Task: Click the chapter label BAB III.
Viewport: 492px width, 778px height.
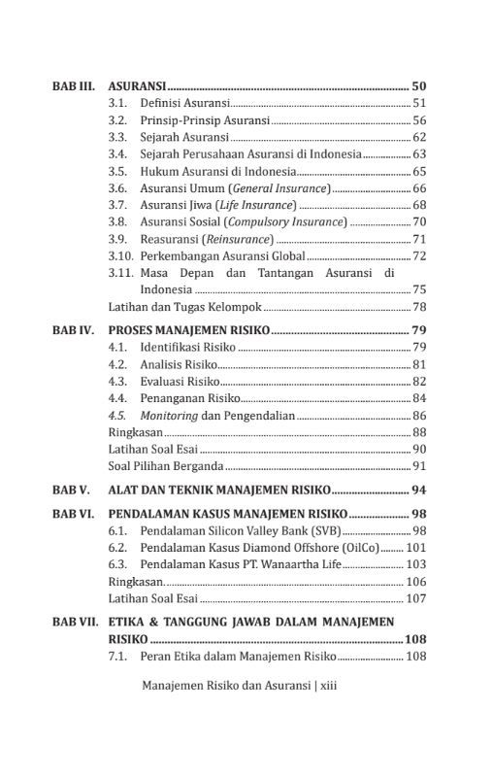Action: click(x=73, y=86)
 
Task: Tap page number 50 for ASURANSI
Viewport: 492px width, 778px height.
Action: click(x=419, y=86)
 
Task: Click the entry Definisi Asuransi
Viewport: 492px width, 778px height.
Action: click(x=184, y=103)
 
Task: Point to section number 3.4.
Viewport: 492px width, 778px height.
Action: click(x=117, y=153)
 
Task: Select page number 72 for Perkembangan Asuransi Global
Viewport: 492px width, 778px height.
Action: click(x=419, y=256)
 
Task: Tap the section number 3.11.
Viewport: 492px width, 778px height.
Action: click(x=120, y=273)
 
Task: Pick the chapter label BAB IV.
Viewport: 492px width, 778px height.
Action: click(x=73, y=330)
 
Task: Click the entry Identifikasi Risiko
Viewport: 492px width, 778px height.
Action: click(x=187, y=347)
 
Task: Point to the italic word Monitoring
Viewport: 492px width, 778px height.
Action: click(x=169, y=415)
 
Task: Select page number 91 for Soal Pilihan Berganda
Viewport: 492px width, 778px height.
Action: click(x=419, y=466)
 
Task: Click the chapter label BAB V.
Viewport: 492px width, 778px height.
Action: click(x=71, y=490)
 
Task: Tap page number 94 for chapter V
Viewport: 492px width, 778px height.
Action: click(x=419, y=490)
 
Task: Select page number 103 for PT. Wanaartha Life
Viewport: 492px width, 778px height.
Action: click(x=416, y=564)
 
